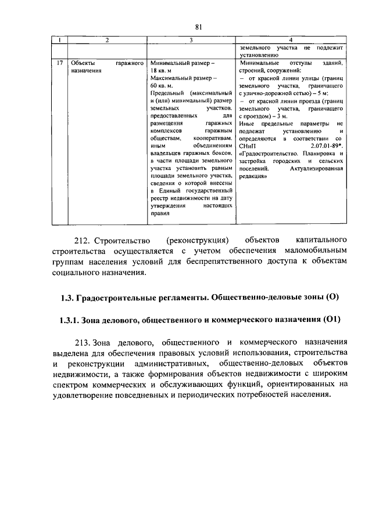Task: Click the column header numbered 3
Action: click(191, 40)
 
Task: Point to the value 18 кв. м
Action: click(166, 70)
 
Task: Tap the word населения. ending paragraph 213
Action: click(302, 396)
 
